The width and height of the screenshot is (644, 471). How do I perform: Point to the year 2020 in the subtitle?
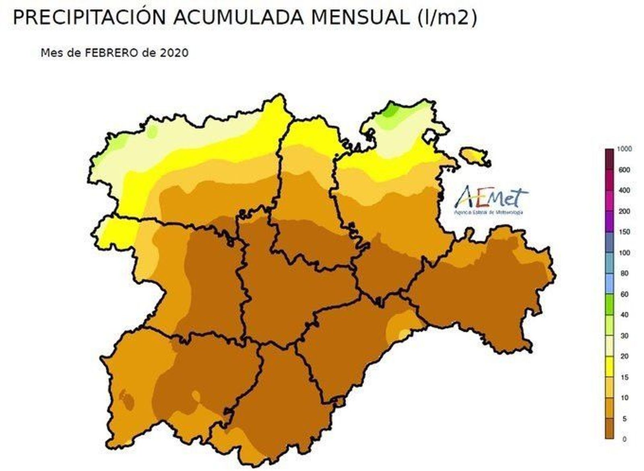pyautogui.click(x=174, y=53)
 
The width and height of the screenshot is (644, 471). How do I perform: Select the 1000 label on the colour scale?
pyautogui.click(x=624, y=149)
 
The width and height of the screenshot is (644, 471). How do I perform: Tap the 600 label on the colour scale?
pyautogui.click(x=624, y=170)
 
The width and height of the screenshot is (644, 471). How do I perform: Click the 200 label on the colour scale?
pyautogui.click(x=624, y=211)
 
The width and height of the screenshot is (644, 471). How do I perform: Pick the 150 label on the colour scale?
pyautogui.click(x=624, y=232)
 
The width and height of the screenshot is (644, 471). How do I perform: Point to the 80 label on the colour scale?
pyautogui.click(x=624, y=274)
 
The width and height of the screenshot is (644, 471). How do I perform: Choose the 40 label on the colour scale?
pyautogui.click(x=624, y=315)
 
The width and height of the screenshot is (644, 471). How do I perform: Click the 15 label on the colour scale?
pyautogui.click(x=624, y=377)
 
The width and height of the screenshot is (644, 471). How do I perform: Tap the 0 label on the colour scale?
pyautogui.click(x=624, y=439)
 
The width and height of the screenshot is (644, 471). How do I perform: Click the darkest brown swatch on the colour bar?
pyautogui.click(x=609, y=428)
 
